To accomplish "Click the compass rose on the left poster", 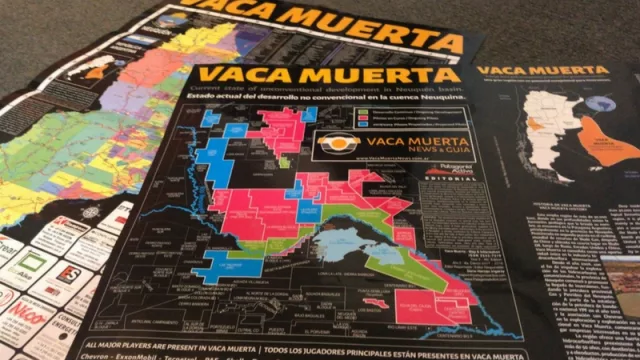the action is (x=92, y=212).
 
